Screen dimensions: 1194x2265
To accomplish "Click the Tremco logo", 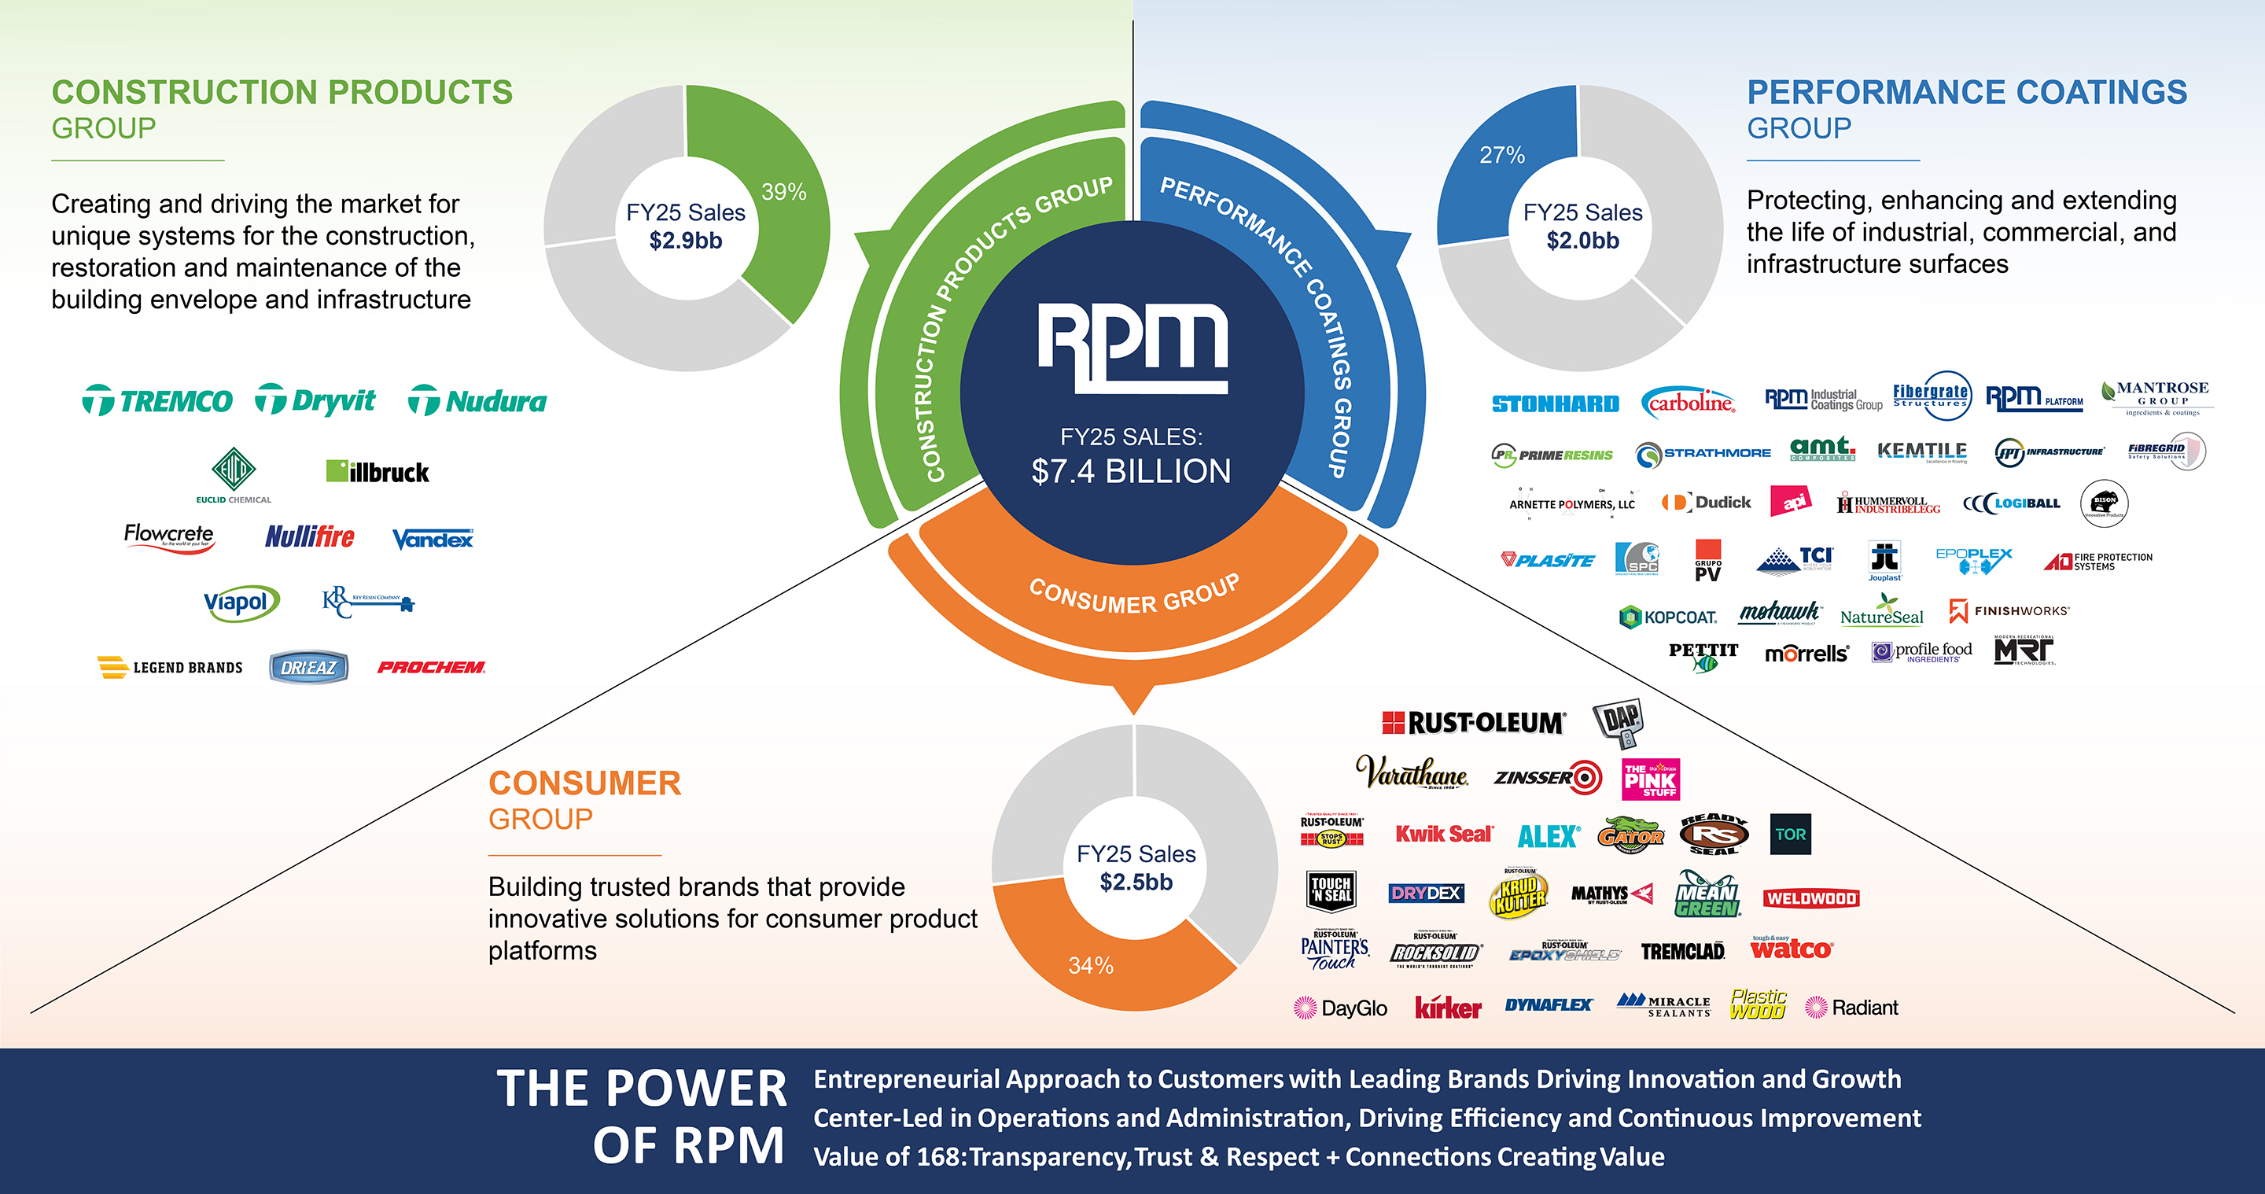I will point(157,401).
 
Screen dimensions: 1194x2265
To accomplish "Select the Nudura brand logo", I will point(477,401).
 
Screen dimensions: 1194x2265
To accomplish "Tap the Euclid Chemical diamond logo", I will point(234,470).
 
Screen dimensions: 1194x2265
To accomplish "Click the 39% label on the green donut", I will point(783,192).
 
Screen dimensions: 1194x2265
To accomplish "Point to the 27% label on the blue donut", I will point(1502,155).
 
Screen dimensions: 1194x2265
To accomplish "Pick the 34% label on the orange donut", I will point(1090,965).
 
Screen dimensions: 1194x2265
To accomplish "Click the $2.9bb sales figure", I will point(686,240).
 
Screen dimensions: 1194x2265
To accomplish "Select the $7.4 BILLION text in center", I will point(1131,471).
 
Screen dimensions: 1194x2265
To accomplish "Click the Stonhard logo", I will point(1556,404).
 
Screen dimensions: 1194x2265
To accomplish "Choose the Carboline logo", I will point(1689,403).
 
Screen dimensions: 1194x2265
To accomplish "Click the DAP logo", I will point(1619,722).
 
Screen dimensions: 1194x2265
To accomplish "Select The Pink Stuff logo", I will point(1651,779).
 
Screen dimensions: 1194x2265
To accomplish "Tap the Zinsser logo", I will point(1548,777).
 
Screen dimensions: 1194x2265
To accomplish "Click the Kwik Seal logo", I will point(1444,834).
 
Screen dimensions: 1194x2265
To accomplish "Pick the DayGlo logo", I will point(1341,1008).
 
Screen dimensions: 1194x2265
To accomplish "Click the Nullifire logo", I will point(310,536).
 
